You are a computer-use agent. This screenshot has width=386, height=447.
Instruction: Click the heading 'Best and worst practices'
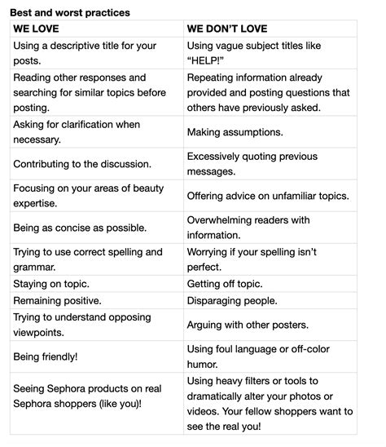70,12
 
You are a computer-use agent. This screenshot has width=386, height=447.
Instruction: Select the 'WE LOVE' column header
37,28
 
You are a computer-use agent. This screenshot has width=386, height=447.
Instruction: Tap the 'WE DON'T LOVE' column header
225,28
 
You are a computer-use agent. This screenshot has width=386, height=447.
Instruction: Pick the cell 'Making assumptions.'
235,131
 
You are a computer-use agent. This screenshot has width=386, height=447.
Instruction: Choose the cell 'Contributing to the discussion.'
82,163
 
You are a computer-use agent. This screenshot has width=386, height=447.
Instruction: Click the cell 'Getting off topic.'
225,284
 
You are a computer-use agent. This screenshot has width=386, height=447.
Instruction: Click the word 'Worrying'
210,252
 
